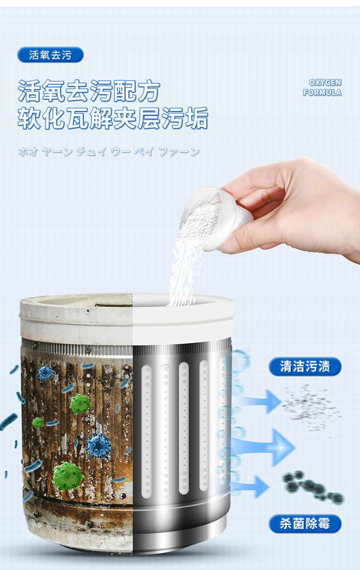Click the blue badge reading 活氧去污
point(51,55)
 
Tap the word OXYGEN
point(325,82)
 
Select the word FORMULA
point(322,92)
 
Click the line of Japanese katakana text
point(109,152)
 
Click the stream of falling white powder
point(185,272)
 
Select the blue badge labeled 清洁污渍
point(305,366)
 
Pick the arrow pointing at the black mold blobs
point(251,487)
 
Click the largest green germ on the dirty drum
point(67,476)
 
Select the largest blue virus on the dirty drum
point(98,446)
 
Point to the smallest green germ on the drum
point(38,422)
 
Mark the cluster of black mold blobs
point(313,487)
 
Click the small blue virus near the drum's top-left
point(45,373)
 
